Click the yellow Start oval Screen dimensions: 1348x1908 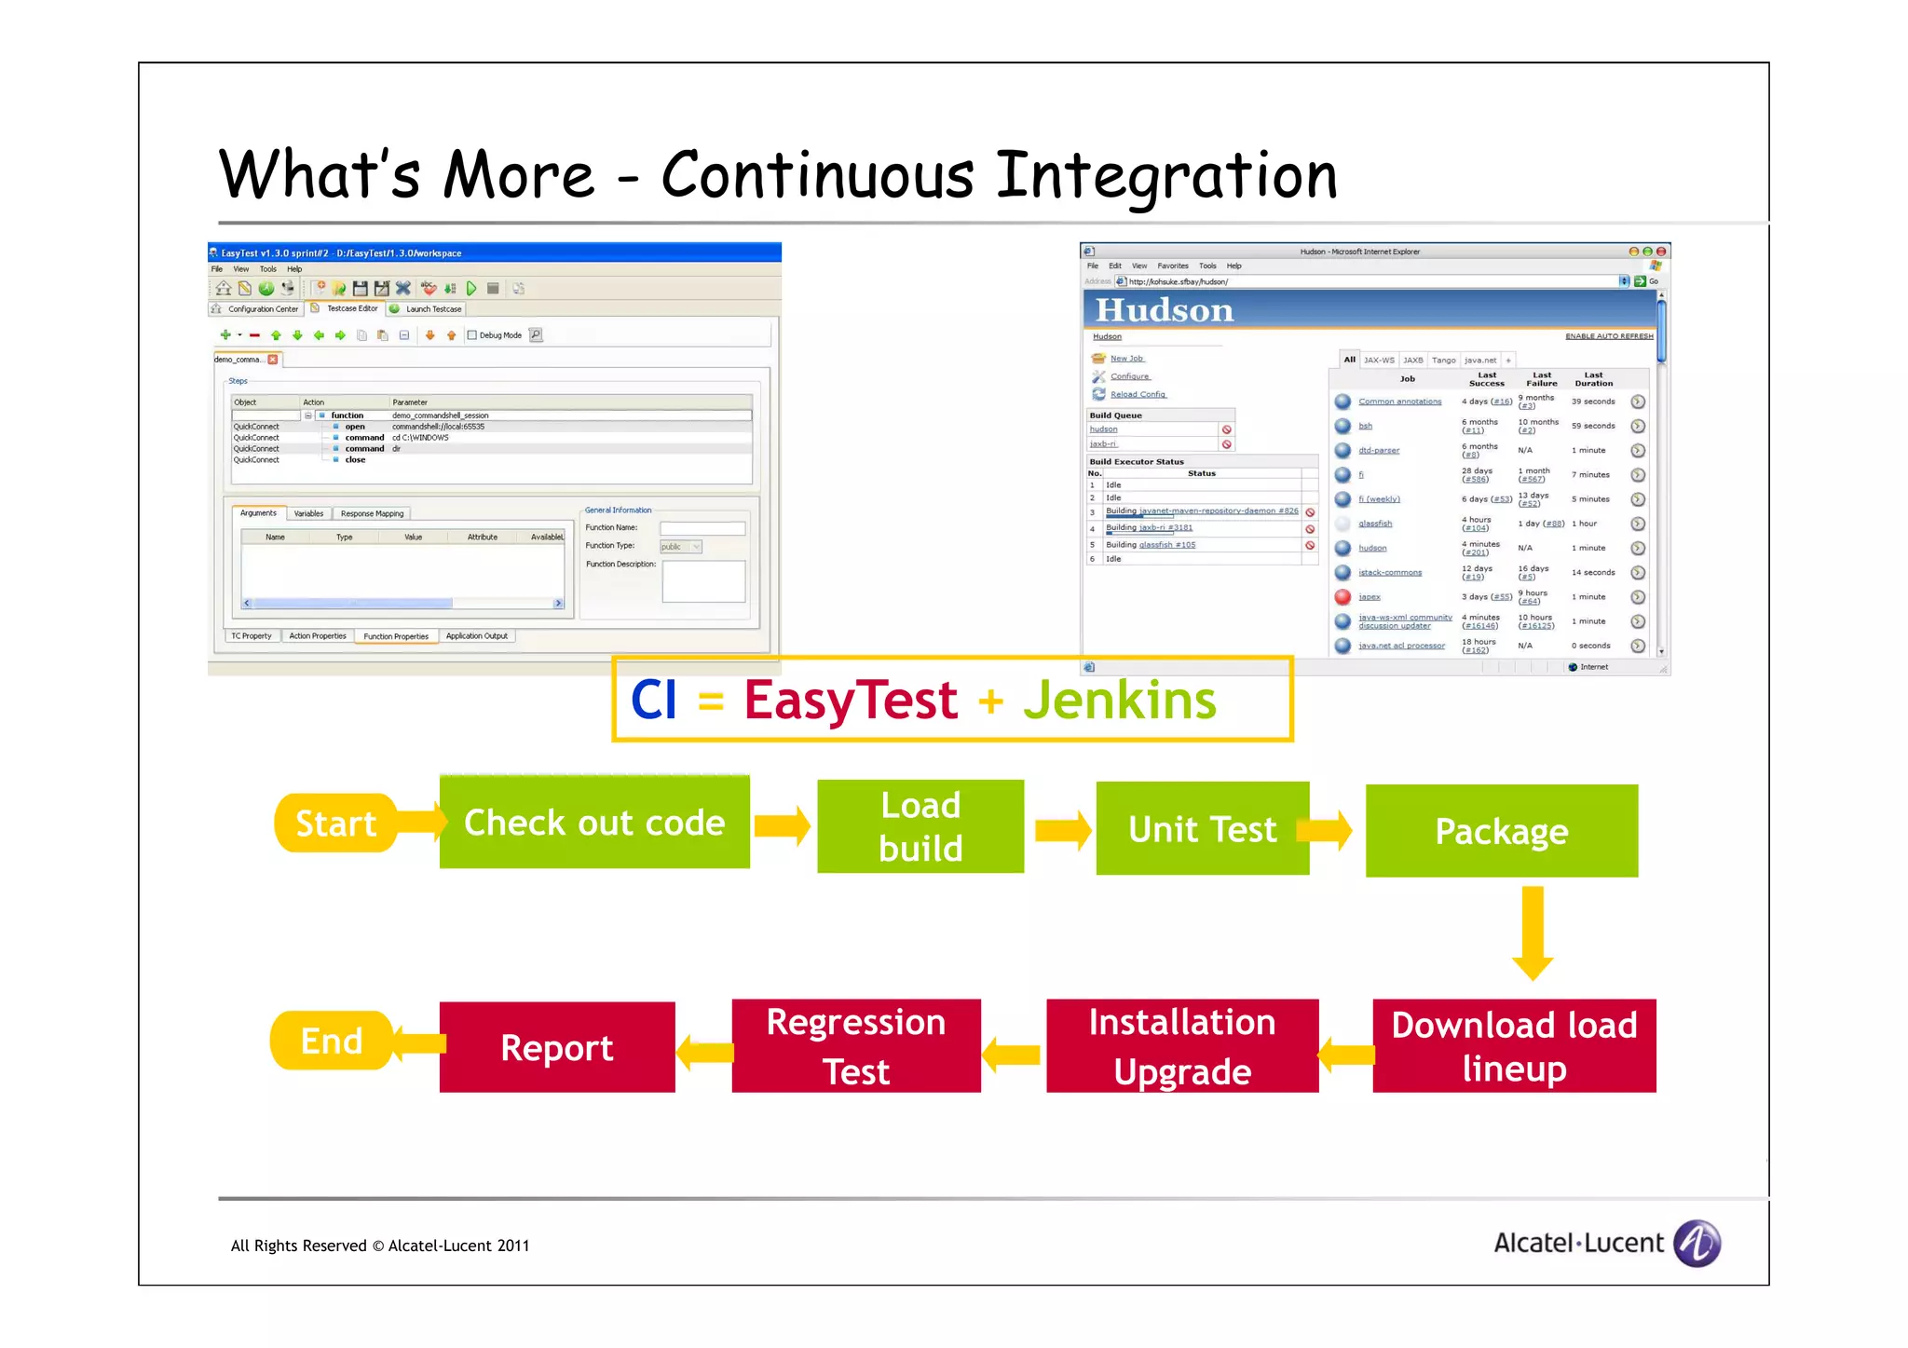(335, 824)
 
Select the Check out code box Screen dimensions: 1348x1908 (594, 823)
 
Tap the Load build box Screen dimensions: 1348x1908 (920, 827)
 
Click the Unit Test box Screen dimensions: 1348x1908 (1202, 829)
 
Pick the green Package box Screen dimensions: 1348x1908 (1501, 831)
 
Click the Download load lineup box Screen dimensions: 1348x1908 (1514, 1046)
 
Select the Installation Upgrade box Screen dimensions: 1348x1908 (1181, 1046)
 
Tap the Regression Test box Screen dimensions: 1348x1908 (855, 1046)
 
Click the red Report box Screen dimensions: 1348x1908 (557, 1048)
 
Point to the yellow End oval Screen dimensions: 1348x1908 (332, 1041)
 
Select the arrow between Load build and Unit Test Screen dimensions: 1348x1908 (1062, 829)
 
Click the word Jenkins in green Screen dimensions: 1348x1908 (1119, 701)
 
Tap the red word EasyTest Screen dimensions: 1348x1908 (850, 701)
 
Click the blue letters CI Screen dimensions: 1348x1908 (653, 701)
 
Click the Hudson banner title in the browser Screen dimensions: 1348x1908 (1164, 310)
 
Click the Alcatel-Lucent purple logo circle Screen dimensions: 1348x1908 (1697, 1244)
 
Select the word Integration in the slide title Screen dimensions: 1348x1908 (1166, 176)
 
